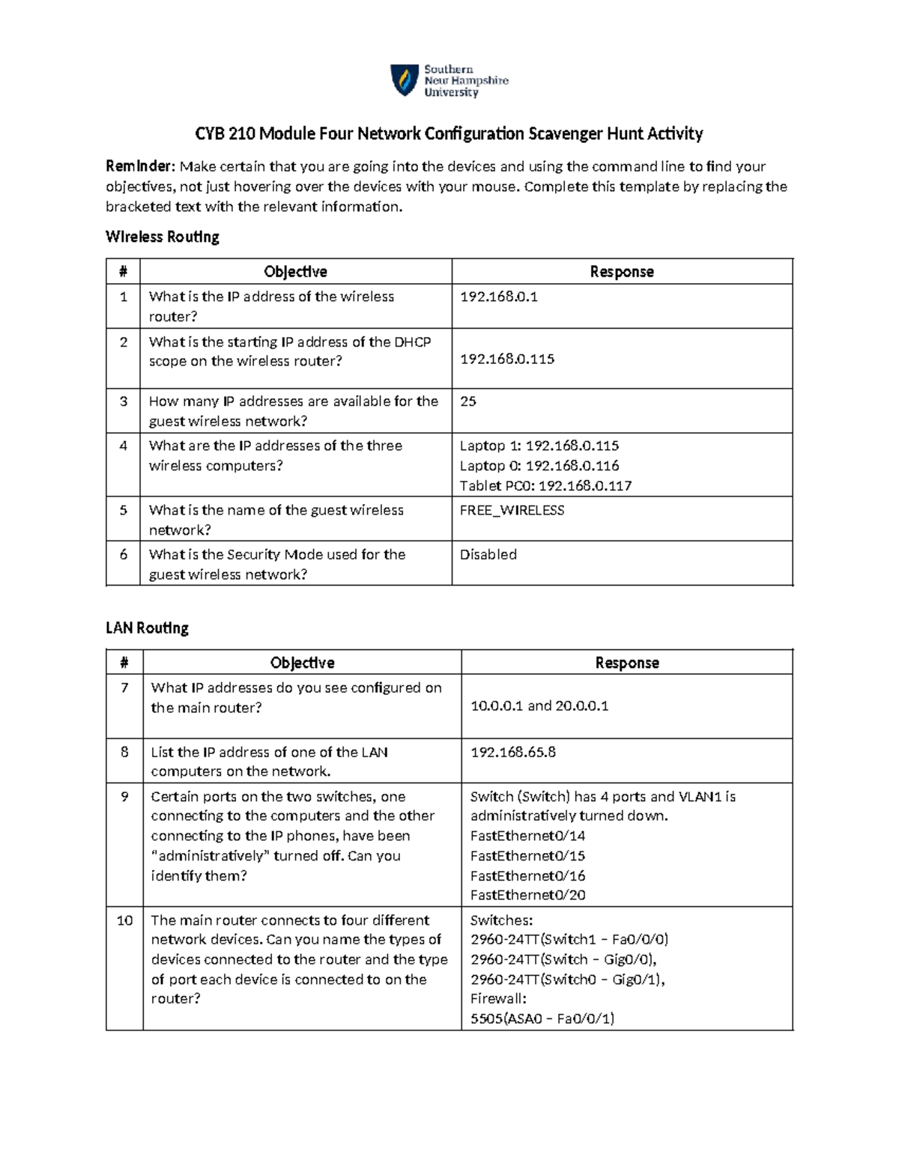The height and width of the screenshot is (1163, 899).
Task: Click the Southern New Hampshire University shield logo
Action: click(405, 80)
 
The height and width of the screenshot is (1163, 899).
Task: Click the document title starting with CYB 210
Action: click(449, 134)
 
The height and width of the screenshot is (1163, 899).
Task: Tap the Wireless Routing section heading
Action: click(163, 237)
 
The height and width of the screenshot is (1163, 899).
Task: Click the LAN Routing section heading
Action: click(147, 628)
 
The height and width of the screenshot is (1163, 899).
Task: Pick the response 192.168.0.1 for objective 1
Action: click(498, 297)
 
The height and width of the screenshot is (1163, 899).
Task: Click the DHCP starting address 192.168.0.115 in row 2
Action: click(506, 359)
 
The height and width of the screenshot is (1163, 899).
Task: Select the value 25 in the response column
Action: click(467, 401)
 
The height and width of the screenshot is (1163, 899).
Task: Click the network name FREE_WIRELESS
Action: click(512, 510)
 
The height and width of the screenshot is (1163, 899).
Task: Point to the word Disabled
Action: click(488, 554)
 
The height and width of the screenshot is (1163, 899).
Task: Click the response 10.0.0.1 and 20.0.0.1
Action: click(539, 705)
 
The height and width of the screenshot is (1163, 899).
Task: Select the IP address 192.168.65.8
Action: click(512, 752)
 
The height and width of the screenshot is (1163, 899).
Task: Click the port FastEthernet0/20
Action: click(527, 895)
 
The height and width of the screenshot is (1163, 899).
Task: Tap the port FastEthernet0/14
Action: click(527, 836)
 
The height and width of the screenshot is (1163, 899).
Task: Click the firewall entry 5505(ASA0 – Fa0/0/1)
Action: click(542, 1018)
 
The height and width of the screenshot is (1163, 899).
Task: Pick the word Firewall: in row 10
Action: click(498, 998)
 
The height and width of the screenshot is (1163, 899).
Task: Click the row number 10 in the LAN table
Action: click(124, 920)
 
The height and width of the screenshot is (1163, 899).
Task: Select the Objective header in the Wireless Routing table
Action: click(295, 272)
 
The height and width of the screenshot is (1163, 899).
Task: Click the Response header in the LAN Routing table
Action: click(626, 663)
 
